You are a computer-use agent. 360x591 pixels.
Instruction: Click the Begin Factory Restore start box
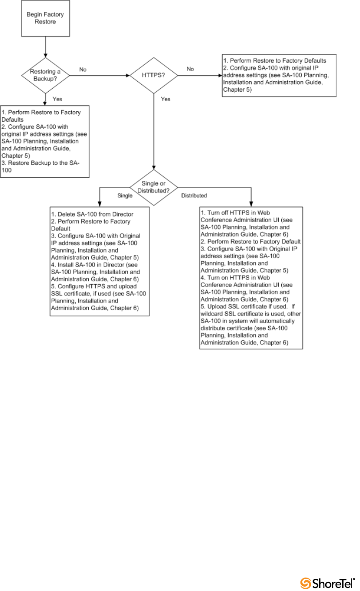(45, 18)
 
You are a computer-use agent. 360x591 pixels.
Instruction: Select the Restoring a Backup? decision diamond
(45, 75)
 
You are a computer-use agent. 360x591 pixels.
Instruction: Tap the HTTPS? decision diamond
(154, 75)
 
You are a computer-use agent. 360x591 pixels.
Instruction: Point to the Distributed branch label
(194, 196)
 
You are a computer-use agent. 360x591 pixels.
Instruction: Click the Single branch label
(125, 196)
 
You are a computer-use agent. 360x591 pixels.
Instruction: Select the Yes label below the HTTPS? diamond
(166, 99)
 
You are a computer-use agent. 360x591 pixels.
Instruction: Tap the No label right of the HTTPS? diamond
(190, 69)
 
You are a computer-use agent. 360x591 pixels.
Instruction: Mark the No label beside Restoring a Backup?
(82, 69)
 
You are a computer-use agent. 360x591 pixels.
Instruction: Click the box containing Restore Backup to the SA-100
(45, 141)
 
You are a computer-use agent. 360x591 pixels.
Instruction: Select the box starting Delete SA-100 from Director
(100, 261)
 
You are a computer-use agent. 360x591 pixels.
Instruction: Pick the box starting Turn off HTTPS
(251, 278)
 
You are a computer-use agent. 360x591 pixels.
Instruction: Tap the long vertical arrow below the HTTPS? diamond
(154, 130)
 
